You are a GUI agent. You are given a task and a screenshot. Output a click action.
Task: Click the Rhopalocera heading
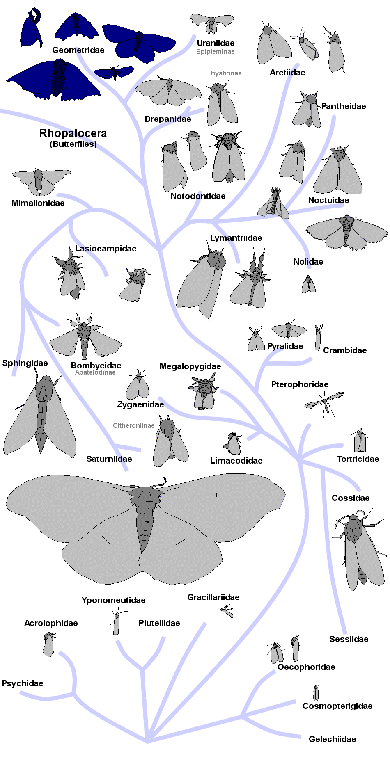tap(73, 133)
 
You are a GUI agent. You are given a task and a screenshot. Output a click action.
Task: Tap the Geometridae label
tap(78, 50)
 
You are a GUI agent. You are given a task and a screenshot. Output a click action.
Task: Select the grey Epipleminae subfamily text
tap(215, 52)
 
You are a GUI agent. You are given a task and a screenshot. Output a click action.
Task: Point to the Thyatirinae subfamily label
tap(224, 73)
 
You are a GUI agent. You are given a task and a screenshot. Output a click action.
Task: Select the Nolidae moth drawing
tap(308, 284)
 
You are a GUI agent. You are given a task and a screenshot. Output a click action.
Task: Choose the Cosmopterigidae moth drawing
tap(316, 693)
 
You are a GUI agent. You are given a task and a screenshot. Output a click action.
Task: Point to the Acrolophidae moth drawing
tap(49, 644)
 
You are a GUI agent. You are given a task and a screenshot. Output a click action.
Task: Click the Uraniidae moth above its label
tap(211, 24)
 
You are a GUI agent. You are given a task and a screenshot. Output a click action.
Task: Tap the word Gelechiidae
tap(332, 739)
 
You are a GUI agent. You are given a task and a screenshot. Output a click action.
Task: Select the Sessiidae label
tap(349, 639)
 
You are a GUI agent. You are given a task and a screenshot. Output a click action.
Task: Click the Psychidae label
tap(23, 683)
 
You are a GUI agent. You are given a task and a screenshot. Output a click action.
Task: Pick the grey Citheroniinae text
tap(133, 426)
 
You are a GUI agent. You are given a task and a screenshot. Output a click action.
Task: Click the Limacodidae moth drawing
tap(233, 444)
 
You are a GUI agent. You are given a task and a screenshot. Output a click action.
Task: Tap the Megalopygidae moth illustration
tap(203, 393)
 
